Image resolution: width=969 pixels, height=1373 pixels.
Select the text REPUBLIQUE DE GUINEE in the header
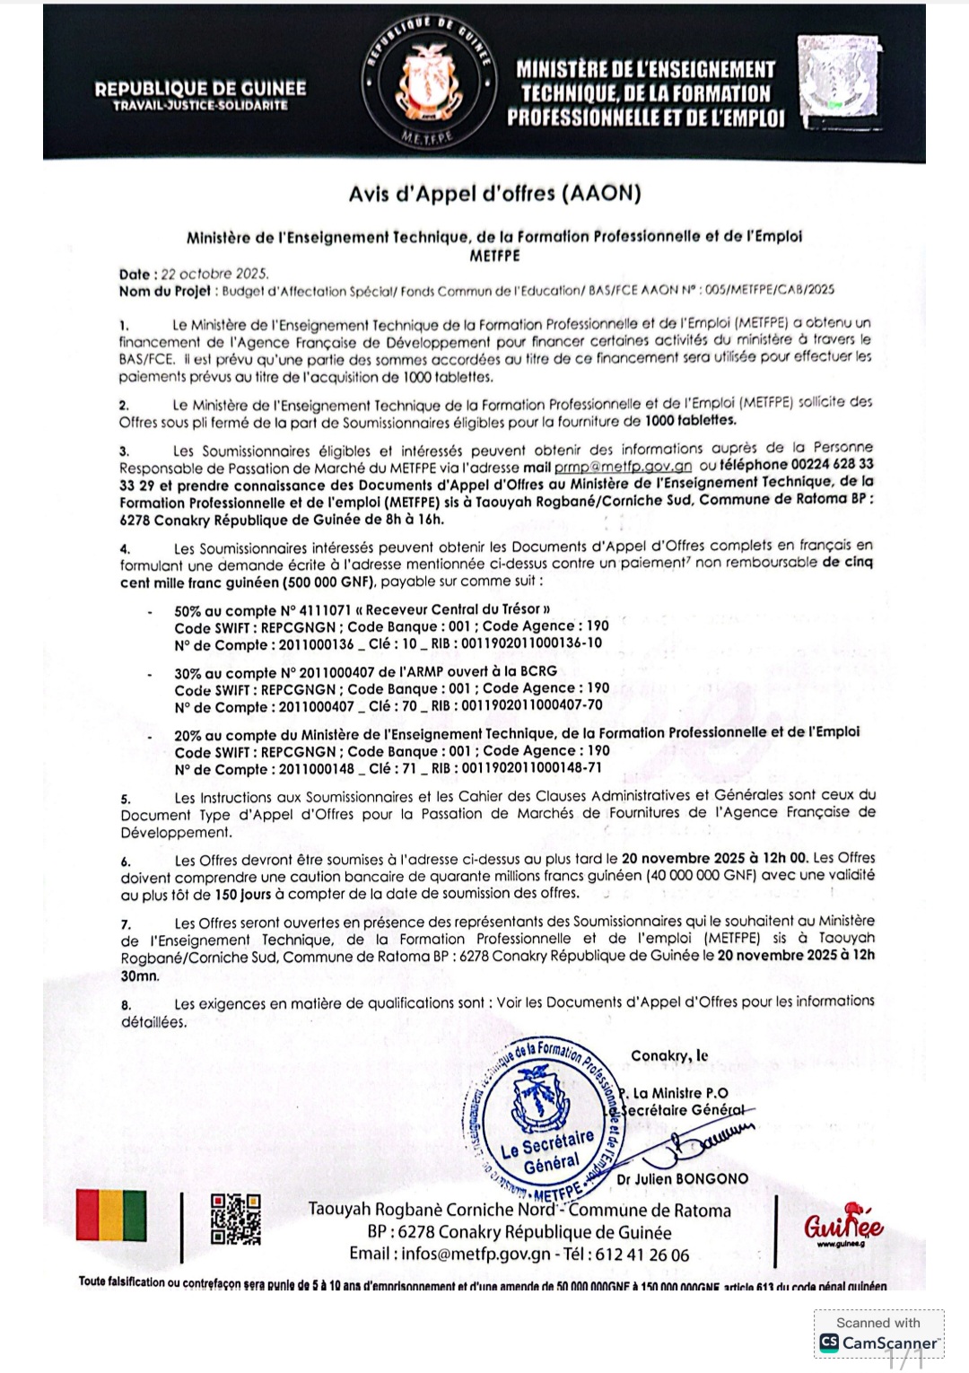[x=200, y=89]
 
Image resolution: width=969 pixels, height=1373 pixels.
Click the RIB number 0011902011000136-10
[x=532, y=643]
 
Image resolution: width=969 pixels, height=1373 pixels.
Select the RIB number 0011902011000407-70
[x=532, y=705]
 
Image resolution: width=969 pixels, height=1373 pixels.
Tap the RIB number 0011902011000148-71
[x=532, y=768]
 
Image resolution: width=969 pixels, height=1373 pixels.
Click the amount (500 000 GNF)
[x=310, y=582]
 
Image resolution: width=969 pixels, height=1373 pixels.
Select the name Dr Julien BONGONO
[x=682, y=1178]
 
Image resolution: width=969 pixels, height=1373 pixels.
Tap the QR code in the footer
[x=235, y=1219]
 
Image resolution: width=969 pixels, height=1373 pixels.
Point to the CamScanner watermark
[x=878, y=1334]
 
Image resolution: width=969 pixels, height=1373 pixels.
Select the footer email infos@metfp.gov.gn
[x=476, y=1255]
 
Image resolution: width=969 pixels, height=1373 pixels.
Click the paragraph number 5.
[x=126, y=799]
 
